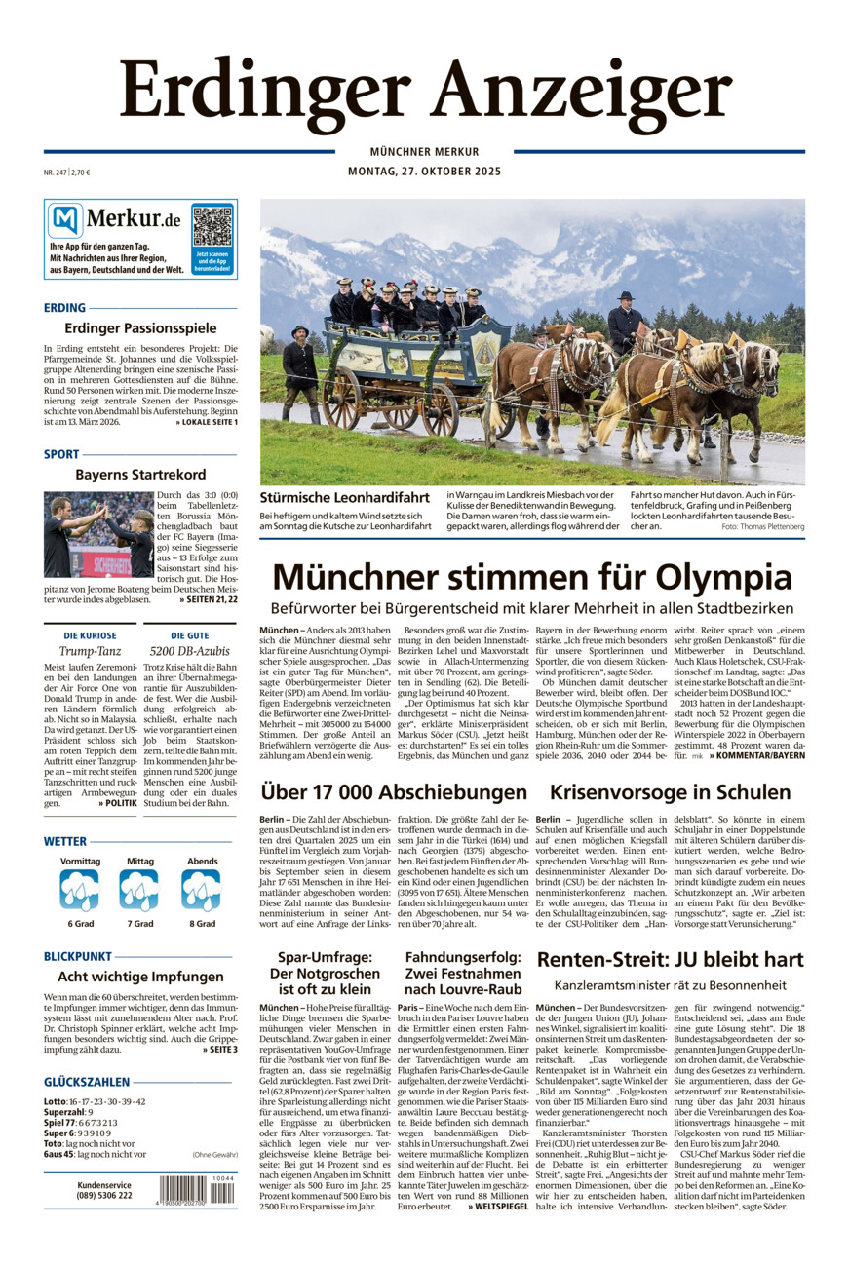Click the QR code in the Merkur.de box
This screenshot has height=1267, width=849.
pyautogui.click(x=212, y=225)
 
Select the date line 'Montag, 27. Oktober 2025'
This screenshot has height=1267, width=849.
pyautogui.click(x=424, y=172)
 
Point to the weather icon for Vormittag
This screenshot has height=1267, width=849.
pyautogui.click(x=80, y=889)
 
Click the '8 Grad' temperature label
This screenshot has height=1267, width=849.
pyautogui.click(x=203, y=923)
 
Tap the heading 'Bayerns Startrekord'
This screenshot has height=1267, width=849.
pyautogui.click(x=140, y=475)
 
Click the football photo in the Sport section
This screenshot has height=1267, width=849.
pyautogui.click(x=97, y=534)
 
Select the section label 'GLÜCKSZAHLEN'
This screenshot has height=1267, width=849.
pyautogui.click(x=87, y=1082)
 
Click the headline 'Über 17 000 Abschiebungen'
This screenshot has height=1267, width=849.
pyautogui.click(x=394, y=791)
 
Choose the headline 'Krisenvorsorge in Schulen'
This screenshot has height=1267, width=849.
pyautogui.click(x=671, y=791)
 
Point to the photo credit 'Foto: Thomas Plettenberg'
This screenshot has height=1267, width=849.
pyautogui.click(x=763, y=526)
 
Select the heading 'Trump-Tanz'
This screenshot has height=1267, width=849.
pyautogui.click(x=90, y=650)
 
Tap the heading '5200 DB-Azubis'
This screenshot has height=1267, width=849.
pyautogui.click(x=189, y=650)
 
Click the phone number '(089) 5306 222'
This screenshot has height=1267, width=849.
pyautogui.click(x=104, y=1195)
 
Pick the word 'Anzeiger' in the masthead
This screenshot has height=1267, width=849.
pyautogui.click(x=581, y=91)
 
